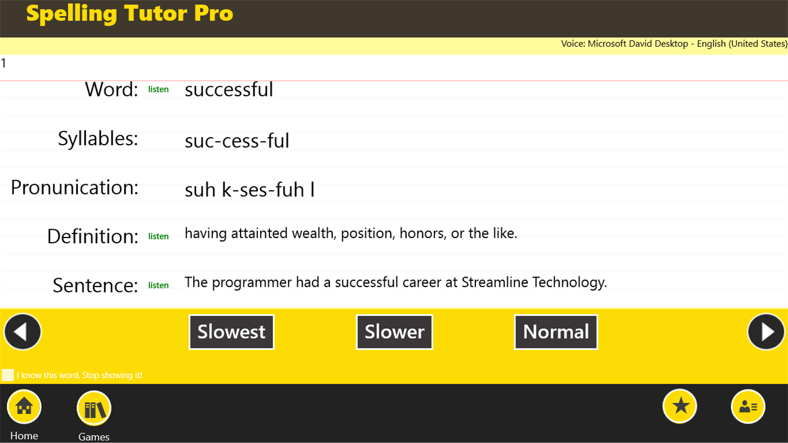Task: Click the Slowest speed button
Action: coord(231,332)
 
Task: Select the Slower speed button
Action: coord(394,332)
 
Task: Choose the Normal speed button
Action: coord(556,332)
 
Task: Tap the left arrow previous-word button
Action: coord(23,332)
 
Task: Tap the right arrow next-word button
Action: coord(766,332)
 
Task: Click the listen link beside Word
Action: coord(158,90)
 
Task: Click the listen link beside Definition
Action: coord(158,236)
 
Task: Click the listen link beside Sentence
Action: coord(158,285)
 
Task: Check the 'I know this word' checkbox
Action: coord(8,375)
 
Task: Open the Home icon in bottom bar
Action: coord(24,406)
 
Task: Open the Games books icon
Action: coord(94,408)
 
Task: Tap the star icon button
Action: coord(680,406)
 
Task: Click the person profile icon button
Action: coord(748,406)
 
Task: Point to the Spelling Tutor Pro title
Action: coord(130,14)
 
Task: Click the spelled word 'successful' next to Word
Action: coord(229,90)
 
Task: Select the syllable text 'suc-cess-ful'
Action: coord(237,141)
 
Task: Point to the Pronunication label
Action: coord(74,187)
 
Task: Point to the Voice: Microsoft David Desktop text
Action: coord(674,44)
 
